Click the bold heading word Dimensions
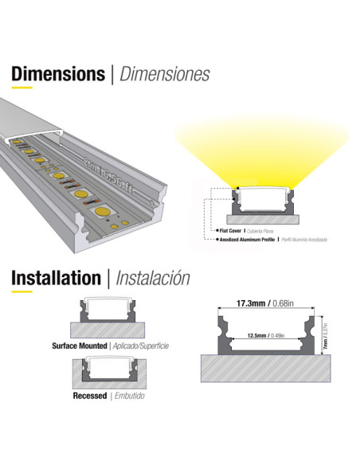(57, 74)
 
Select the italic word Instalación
(153, 278)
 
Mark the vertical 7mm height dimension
(323, 343)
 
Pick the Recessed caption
(89, 396)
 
